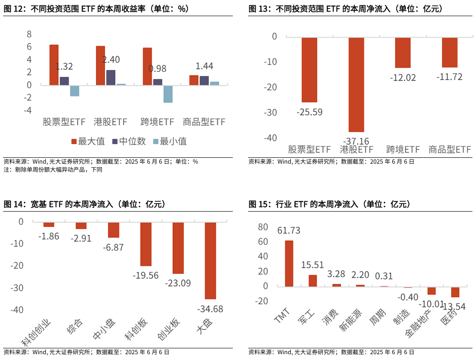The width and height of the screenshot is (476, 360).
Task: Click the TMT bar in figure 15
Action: pos(289,264)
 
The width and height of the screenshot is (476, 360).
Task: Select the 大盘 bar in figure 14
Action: pos(210,260)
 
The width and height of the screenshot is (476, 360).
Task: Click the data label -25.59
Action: pos(309,112)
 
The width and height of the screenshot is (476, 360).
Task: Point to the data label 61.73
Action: pos(288,231)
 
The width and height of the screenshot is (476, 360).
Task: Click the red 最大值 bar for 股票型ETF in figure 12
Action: pos(54,65)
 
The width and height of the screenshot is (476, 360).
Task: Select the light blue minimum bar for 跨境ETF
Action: pos(168,94)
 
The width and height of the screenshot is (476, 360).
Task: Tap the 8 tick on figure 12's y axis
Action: pos(29,34)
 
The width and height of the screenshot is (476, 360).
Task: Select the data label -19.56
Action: pos(145,275)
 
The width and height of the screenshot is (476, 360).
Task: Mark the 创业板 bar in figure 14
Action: pos(178,248)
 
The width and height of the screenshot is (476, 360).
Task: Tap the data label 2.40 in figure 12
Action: pos(111,59)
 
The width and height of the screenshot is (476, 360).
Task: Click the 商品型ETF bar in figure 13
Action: pos(450,52)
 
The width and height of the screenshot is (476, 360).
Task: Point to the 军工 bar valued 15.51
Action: pos(313,281)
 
